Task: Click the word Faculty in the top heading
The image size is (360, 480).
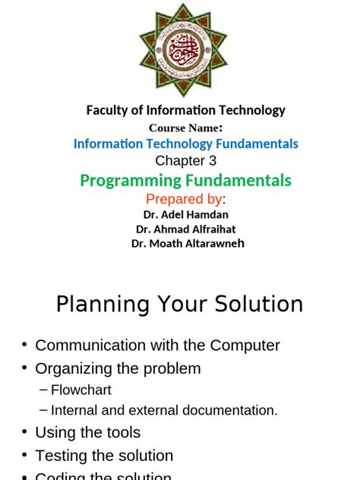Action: coord(107,110)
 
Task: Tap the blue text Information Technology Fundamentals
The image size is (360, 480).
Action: coord(185,144)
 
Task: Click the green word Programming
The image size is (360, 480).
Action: coord(130,181)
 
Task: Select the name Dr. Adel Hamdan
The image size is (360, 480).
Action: coord(186,215)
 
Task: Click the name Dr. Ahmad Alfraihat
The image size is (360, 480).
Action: coord(186,229)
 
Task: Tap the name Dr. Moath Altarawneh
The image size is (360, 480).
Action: coord(188,243)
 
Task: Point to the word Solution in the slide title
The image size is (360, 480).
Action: coord(259,305)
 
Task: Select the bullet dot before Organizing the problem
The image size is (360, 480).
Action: coord(24,368)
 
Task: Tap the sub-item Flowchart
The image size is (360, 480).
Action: coord(81,390)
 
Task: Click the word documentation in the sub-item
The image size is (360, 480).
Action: coord(232,410)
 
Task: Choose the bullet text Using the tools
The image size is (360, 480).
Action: coord(88,433)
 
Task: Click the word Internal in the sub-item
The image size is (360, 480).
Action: coord(74,410)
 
